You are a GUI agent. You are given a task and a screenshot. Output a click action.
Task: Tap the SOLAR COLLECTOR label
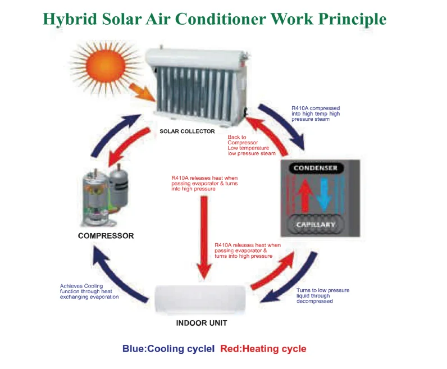188,131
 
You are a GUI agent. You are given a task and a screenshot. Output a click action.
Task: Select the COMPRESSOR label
106,236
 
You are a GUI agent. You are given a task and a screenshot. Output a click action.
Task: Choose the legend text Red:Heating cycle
263,349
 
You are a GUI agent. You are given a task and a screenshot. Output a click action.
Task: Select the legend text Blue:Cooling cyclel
168,349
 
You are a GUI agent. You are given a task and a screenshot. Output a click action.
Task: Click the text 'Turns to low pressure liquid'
322,295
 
